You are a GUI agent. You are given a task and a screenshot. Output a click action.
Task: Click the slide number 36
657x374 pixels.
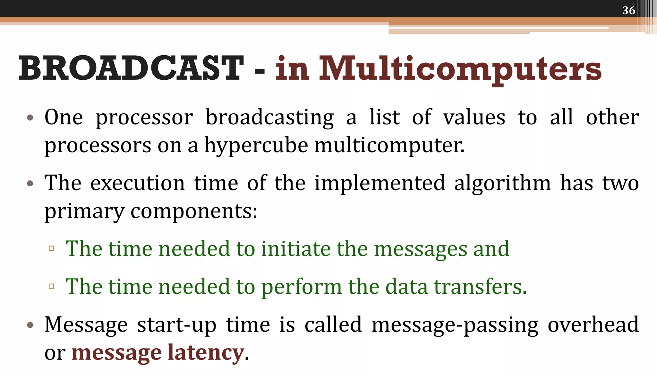(628, 10)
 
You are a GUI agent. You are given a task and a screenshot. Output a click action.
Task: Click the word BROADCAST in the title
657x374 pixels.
(131, 68)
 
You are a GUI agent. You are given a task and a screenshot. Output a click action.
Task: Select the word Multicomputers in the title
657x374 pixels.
(460, 68)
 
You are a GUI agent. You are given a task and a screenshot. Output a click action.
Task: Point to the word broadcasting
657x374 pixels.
(269, 117)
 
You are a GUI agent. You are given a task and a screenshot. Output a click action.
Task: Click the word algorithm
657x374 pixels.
(502, 183)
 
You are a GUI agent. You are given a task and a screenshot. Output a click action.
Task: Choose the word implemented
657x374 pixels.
(380, 183)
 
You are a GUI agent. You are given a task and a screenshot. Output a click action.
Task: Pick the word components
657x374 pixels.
(194, 211)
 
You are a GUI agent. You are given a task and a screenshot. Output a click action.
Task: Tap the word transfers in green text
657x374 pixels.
(480, 286)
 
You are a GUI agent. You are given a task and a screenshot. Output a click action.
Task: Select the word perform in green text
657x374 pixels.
(302, 287)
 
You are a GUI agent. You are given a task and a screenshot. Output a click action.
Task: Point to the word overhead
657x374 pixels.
(593, 324)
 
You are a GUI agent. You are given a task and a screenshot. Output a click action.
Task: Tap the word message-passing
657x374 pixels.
(455, 325)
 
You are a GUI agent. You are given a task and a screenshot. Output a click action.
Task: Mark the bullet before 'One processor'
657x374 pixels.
(30, 118)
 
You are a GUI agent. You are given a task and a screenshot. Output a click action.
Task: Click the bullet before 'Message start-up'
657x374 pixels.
(30, 325)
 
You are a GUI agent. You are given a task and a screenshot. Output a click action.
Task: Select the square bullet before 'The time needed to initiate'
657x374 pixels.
(51, 248)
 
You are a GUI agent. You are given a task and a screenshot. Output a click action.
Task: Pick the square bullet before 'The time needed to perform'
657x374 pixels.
(51, 286)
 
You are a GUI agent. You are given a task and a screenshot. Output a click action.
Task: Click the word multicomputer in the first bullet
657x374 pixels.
(389, 146)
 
